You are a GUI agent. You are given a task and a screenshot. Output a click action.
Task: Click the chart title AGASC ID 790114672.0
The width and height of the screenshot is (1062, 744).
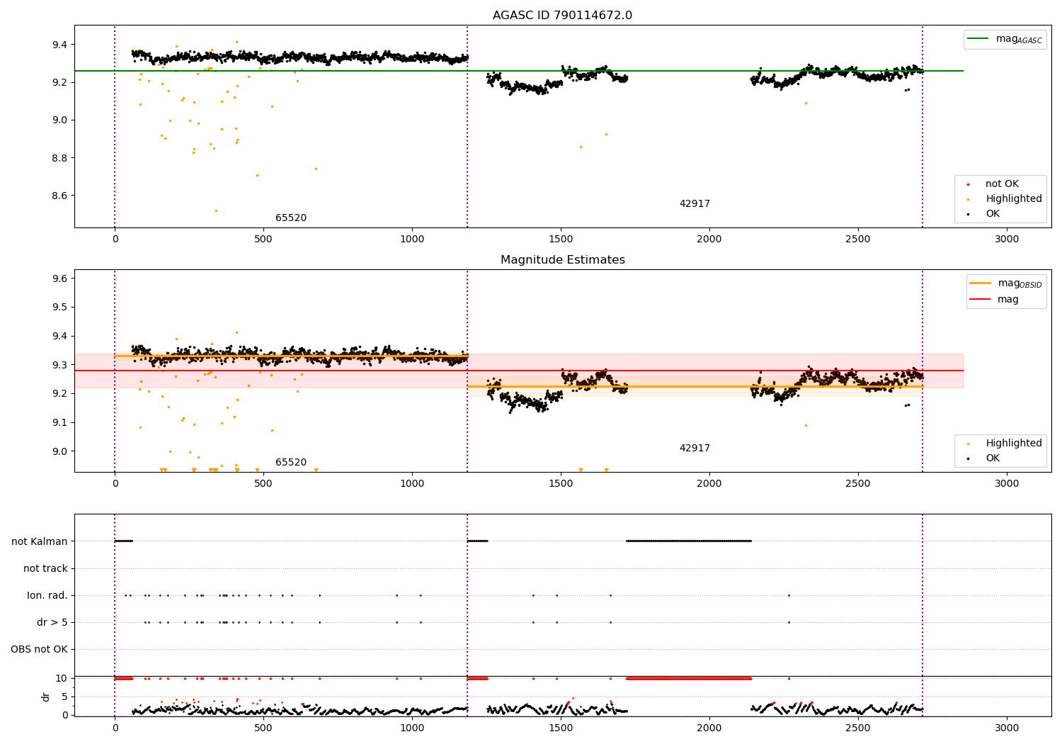pos(562,16)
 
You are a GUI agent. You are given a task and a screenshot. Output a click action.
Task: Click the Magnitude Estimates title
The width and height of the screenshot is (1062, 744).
pos(562,260)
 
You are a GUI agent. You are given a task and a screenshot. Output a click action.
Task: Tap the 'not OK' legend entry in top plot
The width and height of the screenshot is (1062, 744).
pos(1001,184)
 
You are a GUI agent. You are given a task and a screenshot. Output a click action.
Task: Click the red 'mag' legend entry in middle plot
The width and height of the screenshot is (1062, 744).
pos(1007,299)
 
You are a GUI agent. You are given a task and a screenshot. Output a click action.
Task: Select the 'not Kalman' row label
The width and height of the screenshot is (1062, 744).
pos(40,541)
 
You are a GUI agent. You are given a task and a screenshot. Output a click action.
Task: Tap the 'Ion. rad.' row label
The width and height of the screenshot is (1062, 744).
pos(47,595)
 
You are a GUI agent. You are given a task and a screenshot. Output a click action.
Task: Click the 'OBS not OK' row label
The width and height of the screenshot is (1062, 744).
pos(39,649)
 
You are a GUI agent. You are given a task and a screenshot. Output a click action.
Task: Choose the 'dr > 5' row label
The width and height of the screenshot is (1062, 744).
pos(52,622)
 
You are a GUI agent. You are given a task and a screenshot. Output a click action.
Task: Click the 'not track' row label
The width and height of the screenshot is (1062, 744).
pos(45,568)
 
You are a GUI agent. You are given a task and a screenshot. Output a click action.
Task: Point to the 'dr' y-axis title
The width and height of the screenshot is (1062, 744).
pos(46,697)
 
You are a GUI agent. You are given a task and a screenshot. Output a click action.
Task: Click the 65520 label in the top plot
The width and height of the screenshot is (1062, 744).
pos(291,218)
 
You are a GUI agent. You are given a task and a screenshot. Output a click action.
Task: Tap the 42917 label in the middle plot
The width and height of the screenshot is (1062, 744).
pos(695,449)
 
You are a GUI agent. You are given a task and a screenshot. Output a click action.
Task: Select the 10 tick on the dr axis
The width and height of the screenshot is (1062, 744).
pos(62,678)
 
